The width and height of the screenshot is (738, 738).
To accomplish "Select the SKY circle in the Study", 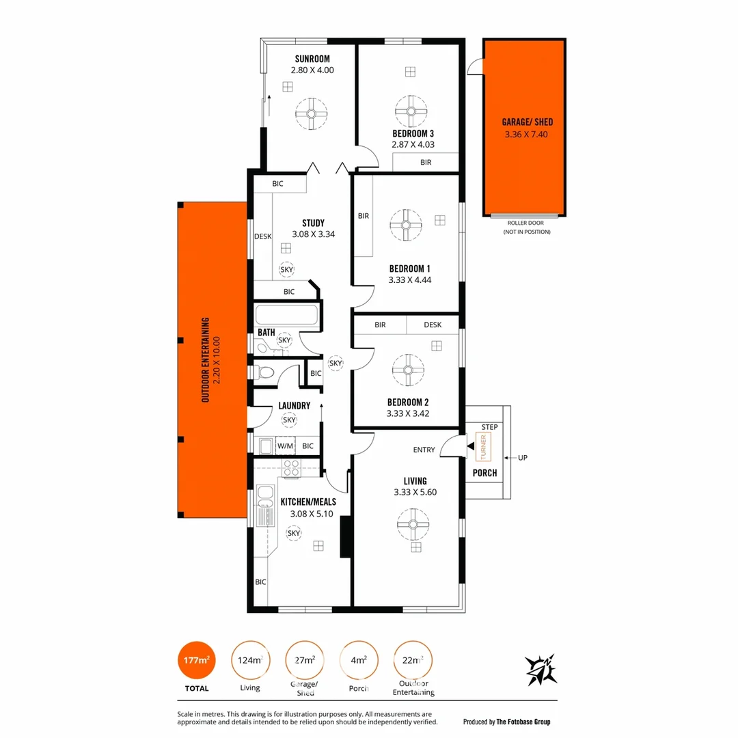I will [x=287, y=270].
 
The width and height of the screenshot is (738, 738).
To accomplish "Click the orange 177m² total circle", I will [x=195, y=661].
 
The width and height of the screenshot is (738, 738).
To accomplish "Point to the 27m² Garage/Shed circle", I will [x=304, y=661].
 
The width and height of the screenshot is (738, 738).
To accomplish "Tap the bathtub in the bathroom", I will [x=286, y=316].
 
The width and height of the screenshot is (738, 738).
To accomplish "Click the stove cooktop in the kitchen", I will [x=292, y=468].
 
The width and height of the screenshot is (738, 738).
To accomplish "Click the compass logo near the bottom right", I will [x=541, y=670].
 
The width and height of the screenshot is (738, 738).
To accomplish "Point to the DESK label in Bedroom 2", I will [x=433, y=325].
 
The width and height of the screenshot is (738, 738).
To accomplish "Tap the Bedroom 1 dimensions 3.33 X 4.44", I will [x=409, y=279].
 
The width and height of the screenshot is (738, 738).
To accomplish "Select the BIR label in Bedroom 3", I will [x=426, y=163].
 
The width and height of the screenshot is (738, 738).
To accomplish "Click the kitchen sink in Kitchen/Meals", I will [x=265, y=502].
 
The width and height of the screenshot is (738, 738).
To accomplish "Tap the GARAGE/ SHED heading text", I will [x=527, y=122].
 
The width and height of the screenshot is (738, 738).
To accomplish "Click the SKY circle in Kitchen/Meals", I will [x=294, y=533].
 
